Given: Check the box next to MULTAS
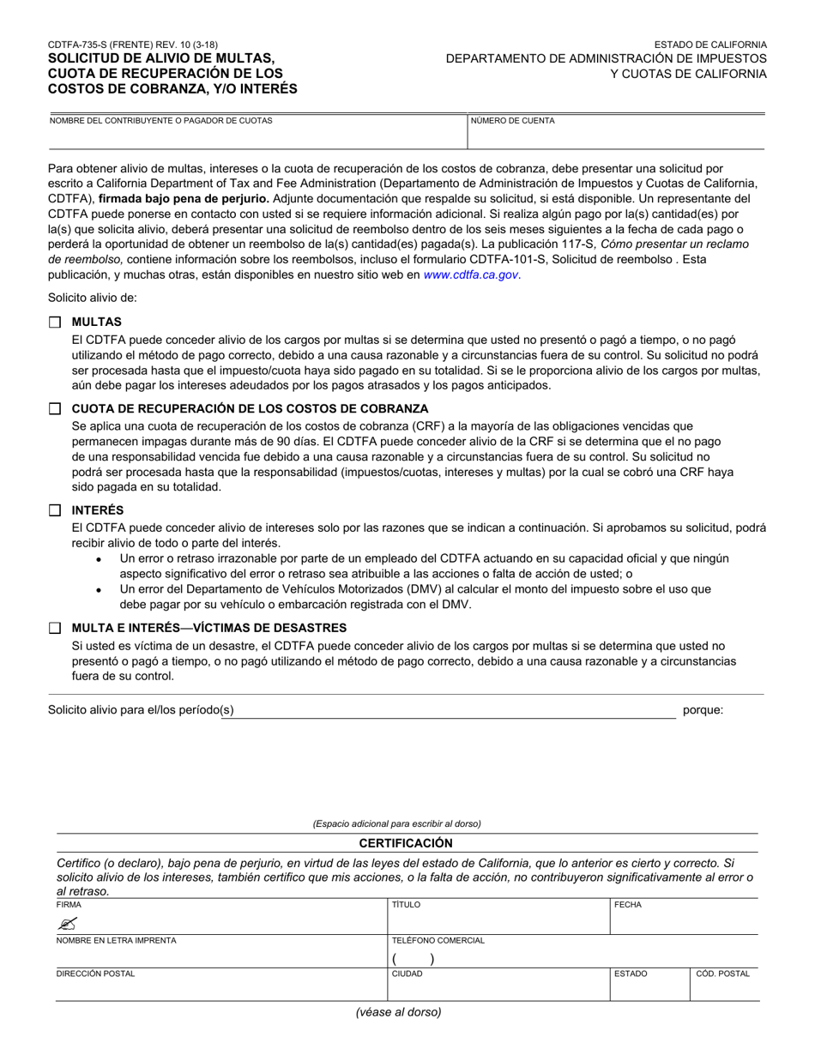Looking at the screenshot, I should (55, 322).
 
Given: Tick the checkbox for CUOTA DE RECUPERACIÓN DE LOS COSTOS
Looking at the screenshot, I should (55, 409).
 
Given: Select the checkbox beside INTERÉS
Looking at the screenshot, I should (55, 510).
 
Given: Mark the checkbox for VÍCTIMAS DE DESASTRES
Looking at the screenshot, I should (55, 628).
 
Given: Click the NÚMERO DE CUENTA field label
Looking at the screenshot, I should (512, 121).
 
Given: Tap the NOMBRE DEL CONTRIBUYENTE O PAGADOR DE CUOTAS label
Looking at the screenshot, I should (160, 121).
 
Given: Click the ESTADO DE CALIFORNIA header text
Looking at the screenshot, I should (710, 45).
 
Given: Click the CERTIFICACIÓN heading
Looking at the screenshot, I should (406, 843).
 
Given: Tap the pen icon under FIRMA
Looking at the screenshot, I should (68, 923).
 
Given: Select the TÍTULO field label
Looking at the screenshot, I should (406, 905).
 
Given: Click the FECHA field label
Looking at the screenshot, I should (628, 905).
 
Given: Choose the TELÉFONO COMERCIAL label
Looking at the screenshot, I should (438, 940).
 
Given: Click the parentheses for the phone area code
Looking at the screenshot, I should (414, 959).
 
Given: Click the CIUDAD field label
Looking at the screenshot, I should (407, 974).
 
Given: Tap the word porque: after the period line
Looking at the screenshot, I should (703, 710).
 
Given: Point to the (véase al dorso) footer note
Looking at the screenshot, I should (399, 1012).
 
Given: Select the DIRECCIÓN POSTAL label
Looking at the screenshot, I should (95, 974).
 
